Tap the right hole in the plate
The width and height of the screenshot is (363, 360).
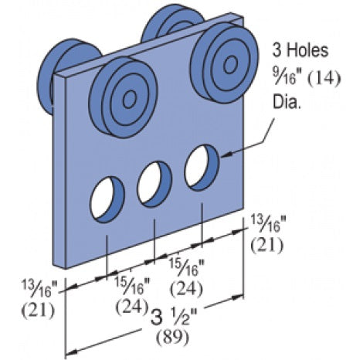pyautogui.click(x=201, y=165)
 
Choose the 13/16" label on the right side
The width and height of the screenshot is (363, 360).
pyautogui.click(x=266, y=225)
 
